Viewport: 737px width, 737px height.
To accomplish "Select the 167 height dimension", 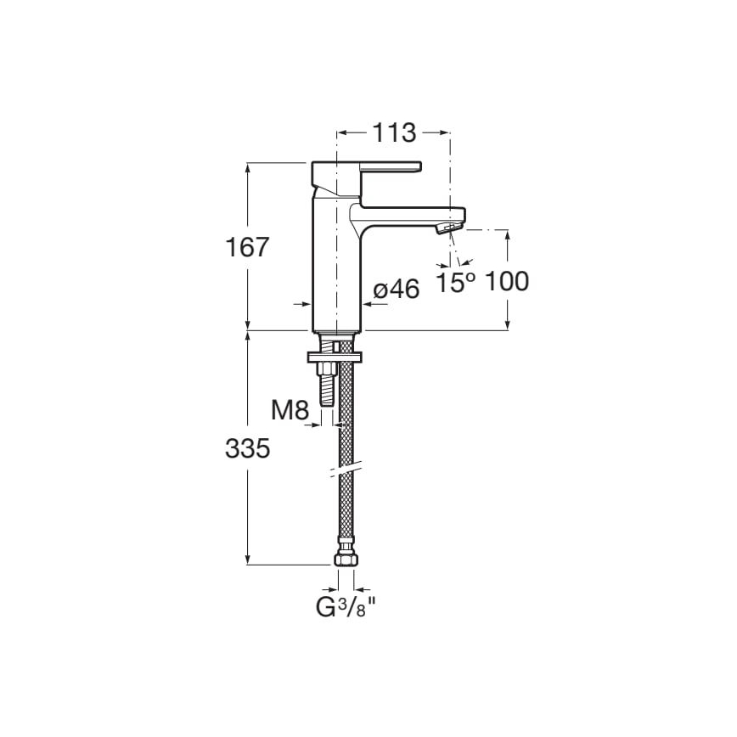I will (247, 247).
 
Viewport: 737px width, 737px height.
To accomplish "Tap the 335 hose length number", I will (247, 448).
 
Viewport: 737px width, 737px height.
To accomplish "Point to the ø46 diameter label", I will (397, 290).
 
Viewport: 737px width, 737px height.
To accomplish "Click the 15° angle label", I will (456, 283).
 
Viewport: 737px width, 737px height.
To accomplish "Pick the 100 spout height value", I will (507, 282).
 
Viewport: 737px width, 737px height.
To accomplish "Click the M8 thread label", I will (290, 410).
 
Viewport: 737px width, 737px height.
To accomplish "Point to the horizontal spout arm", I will (408, 213).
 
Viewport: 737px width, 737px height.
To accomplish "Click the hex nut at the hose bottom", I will (346, 560).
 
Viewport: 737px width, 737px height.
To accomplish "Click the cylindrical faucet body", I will (337, 272).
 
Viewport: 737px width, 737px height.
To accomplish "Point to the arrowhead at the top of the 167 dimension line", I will (247, 167).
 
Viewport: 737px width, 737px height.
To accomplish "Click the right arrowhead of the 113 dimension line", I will (443, 132).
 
